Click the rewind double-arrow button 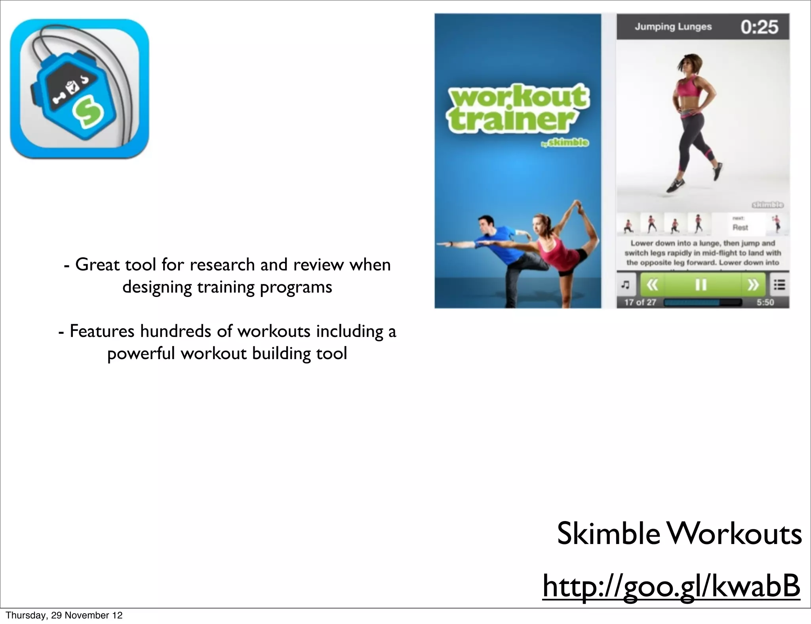point(652,285)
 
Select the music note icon point(626,285)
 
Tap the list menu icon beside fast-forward point(779,285)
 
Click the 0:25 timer point(759,27)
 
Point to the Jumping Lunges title point(673,27)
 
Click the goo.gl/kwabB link point(671,587)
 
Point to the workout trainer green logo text point(517,108)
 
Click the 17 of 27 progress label point(640,302)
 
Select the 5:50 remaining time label point(765,302)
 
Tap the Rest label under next point(740,227)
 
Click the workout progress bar point(702,302)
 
